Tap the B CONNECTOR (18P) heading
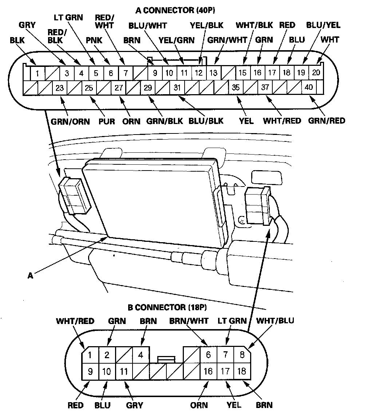tap(167, 308)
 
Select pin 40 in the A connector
tap(309, 88)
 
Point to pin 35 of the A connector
tap(236, 88)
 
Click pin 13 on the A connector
tap(213, 73)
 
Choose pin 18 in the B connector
tap(241, 372)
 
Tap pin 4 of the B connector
tap(140, 355)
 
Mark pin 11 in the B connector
tap(124, 372)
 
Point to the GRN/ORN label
tap(70, 121)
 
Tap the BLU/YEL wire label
tap(323, 25)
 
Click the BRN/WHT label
tap(189, 321)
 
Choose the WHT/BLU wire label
tap(275, 321)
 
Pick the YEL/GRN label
tap(177, 39)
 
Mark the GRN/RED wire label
tap(326, 120)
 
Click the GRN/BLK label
tap(165, 121)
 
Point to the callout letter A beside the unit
tap(31, 276)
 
